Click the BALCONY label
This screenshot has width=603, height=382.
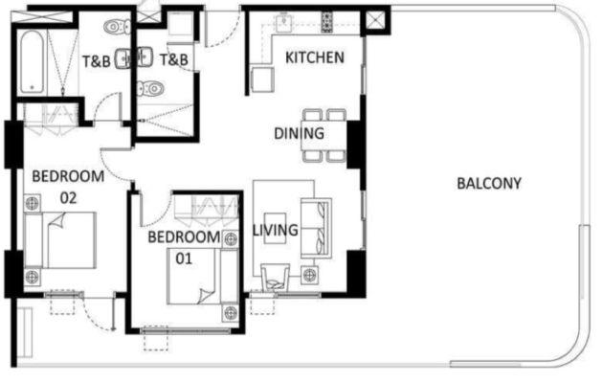488,183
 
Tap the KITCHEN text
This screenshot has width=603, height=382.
315,57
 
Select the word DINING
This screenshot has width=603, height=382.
299,133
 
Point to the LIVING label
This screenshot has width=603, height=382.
275,230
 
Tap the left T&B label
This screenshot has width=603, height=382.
96,60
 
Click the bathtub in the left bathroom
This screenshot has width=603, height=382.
32,61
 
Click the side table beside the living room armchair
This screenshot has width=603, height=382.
309,276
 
